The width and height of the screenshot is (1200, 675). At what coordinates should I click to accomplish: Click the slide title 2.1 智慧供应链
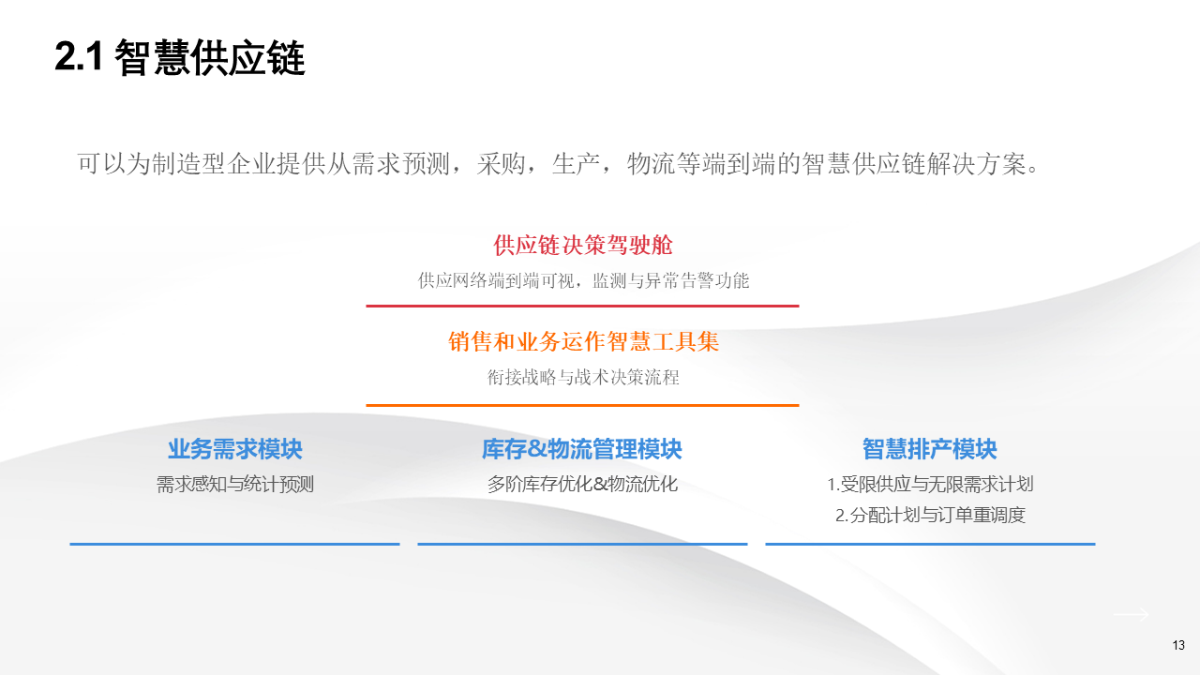tap(180, 58)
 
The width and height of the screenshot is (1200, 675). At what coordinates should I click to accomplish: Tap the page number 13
tap(1178, 645)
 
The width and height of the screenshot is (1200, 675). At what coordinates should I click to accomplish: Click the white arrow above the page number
tap(1131, 614)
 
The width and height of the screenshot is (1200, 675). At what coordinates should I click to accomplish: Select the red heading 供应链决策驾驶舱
tap(583, 246)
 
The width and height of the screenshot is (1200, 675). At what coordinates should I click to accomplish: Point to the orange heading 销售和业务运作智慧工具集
tap(583, 342)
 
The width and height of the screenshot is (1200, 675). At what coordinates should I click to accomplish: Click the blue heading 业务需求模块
tap(234, 450)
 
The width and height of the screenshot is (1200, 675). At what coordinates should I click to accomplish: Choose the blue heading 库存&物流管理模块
tap(582, 450)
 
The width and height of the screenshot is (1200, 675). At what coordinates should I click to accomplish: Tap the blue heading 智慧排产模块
tap(929, 450)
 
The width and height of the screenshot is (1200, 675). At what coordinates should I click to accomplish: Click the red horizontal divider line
tap(582, 306)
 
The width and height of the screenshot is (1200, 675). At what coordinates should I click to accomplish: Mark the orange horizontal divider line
tap(582, 405)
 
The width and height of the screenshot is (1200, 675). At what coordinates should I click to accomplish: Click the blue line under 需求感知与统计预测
tap(234, 544)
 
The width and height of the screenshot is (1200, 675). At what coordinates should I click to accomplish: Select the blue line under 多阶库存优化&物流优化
tap(582, 544)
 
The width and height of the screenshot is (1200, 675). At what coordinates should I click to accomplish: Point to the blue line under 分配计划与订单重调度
tap(930, 544)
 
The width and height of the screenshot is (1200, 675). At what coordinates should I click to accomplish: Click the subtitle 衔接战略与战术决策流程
tap(583, 378)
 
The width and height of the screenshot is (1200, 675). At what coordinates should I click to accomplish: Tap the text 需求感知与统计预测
tap(234, 485)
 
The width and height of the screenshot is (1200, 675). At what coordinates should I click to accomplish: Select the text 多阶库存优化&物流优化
tap(582, 485)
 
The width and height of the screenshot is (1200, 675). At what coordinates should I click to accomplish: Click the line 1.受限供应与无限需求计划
tap(930, 485)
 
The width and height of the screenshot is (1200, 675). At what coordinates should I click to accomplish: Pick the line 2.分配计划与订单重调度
tap(930, 515)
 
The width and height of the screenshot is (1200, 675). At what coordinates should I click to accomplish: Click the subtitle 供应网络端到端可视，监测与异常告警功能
tap(583, 280)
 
